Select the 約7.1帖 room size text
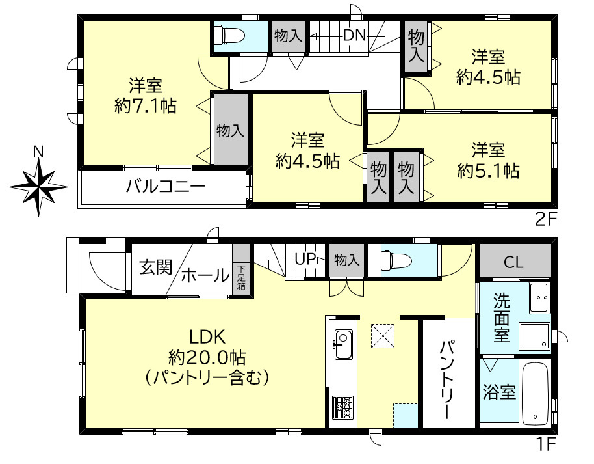click(145, 106)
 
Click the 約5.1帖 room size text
click(487, 171)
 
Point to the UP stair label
click(305, 259)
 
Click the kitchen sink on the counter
click(342, 340)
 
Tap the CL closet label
click(514, 263)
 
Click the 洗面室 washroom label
click(501, 318)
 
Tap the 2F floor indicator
click(546, 219)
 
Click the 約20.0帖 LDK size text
click(207, 357)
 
